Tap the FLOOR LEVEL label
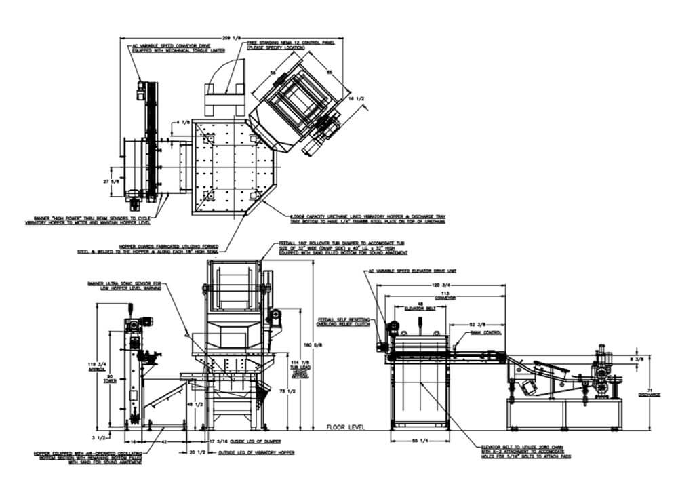[346, 428]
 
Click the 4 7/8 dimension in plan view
[182, 123]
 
